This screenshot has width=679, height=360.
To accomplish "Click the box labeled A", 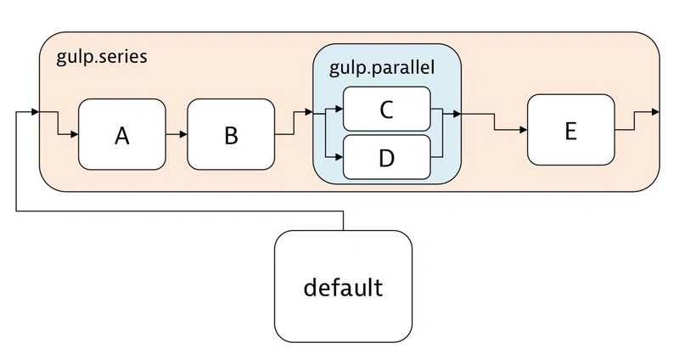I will click(x=121, y=133).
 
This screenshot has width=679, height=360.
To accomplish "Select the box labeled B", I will click(x=230, y=133).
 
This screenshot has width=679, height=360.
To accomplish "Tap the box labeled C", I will click(x=386, y=109).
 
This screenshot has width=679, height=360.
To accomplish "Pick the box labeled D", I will click(x=386, y=157).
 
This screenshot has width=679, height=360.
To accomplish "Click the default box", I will click(x=343, y=286).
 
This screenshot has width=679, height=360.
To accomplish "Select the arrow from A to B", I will click(x=176, y=133).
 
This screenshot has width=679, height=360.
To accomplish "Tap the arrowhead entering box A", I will click(x=75, y=133).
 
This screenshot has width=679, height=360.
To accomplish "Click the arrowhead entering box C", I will click(x=339, y=109).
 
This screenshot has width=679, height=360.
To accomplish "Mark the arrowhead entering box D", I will click(x=339, y=157).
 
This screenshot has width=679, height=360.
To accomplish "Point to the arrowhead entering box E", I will click(x=523, y=130).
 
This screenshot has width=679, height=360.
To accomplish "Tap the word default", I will click(x=343, y=287).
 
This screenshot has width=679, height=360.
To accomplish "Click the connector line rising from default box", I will click(x=343, y=219).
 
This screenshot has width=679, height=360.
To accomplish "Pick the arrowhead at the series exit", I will click(x=654, y=112).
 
